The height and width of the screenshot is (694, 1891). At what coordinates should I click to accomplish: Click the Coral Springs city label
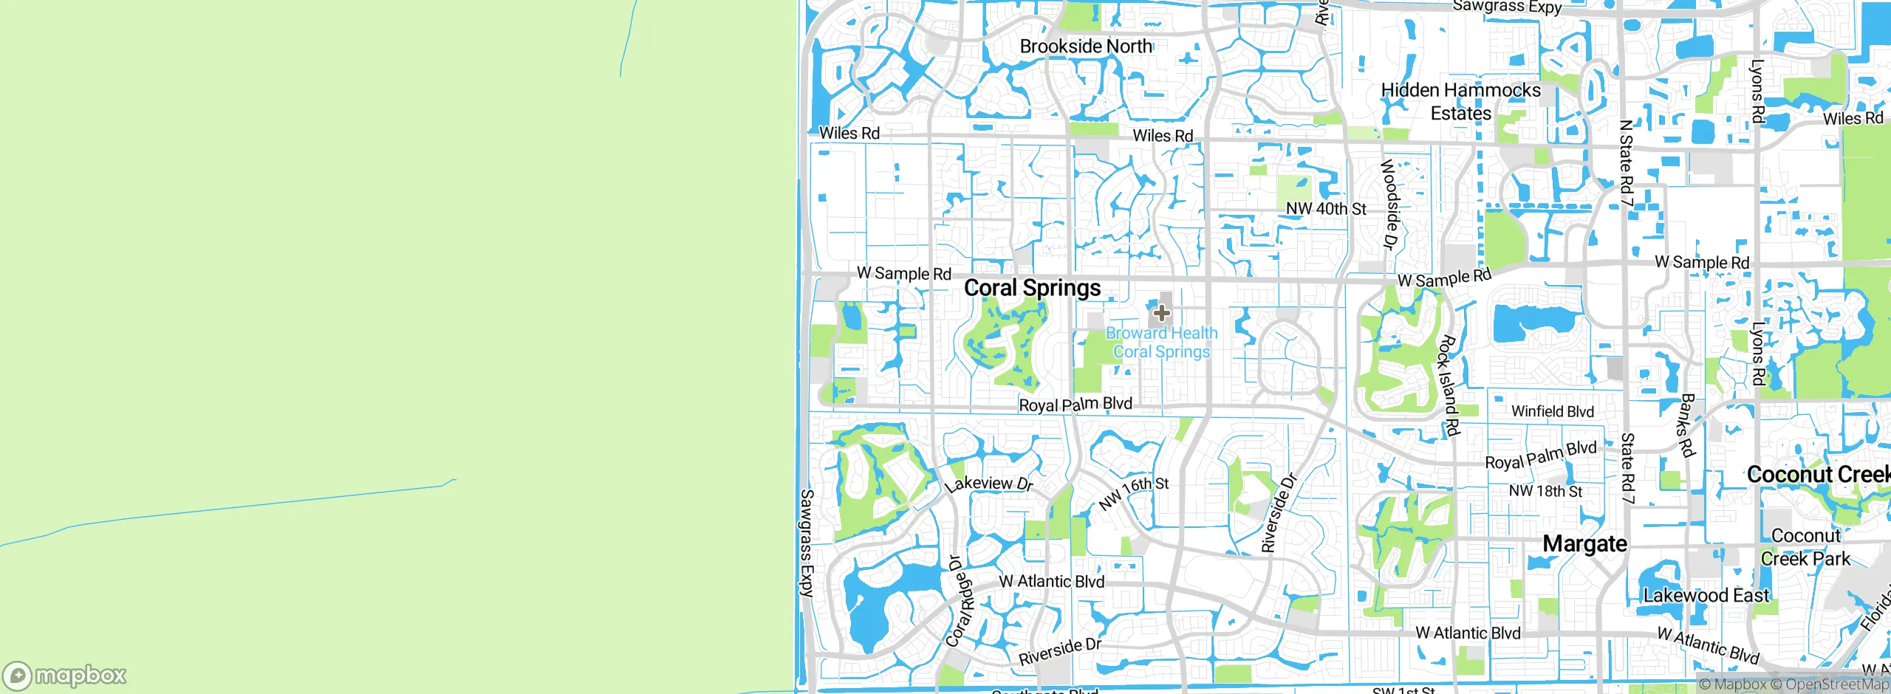(1032, 288)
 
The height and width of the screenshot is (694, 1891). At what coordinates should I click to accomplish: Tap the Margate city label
(1584, 544)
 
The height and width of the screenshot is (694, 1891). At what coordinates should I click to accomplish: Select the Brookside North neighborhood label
(1085, 47)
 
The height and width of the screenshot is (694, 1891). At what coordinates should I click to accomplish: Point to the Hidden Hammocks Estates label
(1460, 101)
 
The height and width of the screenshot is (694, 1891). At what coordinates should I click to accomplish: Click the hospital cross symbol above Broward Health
(1161, 313)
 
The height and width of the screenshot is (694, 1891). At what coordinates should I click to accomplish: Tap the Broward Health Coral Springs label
(1161, 343)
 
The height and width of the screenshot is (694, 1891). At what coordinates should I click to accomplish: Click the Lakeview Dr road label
(988, 484)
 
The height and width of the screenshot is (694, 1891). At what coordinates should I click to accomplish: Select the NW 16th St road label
(1133, 493)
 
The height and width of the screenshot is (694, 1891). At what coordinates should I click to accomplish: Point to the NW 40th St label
(1326, 209)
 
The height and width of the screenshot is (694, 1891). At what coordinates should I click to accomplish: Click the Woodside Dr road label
(1390, 205)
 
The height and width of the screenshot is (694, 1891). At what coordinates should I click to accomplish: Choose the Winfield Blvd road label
(1552, 411)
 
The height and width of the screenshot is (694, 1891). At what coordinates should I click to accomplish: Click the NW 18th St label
(1545, 491)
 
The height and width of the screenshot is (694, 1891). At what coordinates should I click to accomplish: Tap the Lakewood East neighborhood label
(1706, 595)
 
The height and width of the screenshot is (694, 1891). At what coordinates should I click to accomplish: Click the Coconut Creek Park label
(1805, 547)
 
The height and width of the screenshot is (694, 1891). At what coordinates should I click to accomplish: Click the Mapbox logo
(65, 675)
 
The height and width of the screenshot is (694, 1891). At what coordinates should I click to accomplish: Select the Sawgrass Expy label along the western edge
(807, 542)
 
